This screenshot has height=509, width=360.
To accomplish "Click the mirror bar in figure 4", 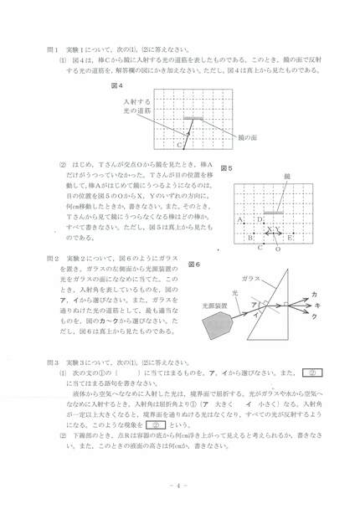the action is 195,118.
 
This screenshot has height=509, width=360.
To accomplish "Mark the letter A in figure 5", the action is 240,220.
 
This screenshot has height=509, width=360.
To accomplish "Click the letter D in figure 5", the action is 260,220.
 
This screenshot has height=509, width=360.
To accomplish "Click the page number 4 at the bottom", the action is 179,485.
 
